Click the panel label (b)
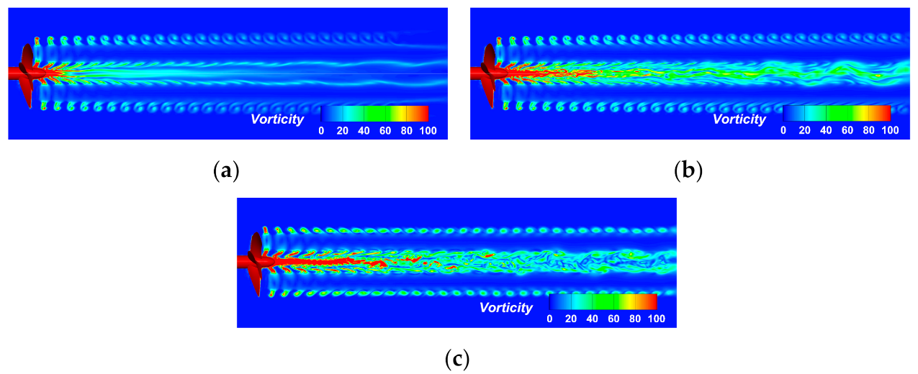pyautogui.click(x=688, y=171)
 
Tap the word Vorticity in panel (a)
pyautogui.click(x=277, y=119)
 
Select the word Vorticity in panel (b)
pyautogui.click(x=739, y=119)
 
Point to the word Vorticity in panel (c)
pyautogui.click(x=506, y=308)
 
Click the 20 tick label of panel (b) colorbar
pyautogui.click(x=805, y=130)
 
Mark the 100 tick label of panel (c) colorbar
pyautogui.click(x=656, y=318)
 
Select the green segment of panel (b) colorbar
pyautogui.click(x=836, y=114)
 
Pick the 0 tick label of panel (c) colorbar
pyautogui.click(x=550, y=318)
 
